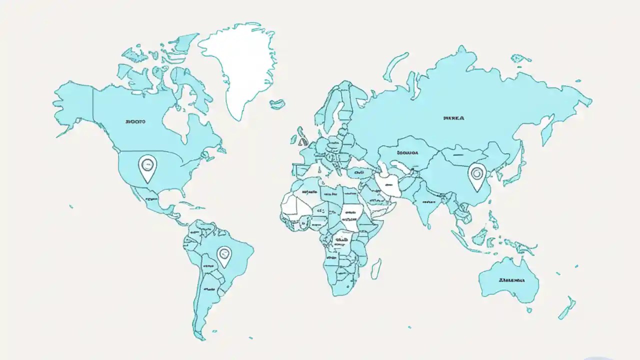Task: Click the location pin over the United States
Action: tap(147, 167)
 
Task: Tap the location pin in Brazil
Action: tap(224, 256)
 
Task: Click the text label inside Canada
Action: tap(135, 121)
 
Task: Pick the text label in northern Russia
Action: tap(453, 118)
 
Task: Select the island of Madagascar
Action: tap(376, 268)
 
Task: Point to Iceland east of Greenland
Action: tap(277, 104)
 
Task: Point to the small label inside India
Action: tap(428, 201)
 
